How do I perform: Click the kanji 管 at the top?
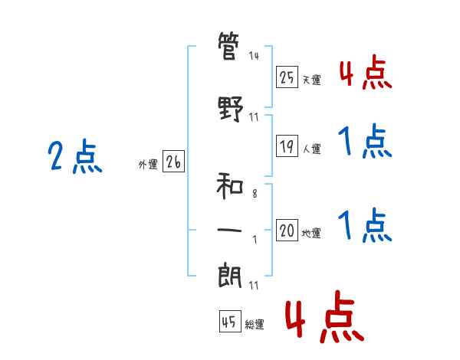point(228,46)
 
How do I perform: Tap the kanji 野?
point(230,109)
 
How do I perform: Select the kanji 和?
point(230,186)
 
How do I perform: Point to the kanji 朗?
point(230,277)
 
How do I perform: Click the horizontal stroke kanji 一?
point(229,230)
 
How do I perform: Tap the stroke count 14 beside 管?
point(254,56)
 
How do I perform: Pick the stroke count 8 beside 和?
point(255,194)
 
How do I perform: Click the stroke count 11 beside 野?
point(254,117)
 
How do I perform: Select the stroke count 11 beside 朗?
point(254,286)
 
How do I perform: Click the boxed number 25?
point(287,77)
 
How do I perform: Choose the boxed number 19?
point(287,146)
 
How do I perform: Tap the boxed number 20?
point(287,230)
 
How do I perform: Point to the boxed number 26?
point(173,162)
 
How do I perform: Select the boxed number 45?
point(230,321)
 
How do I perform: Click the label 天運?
point(312,80)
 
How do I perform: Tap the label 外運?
point(148,165)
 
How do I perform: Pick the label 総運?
point(255,325)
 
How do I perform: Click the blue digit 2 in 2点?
point(55,155)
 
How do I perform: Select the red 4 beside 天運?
point(347,74)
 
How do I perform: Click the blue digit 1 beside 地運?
point(346,224)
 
